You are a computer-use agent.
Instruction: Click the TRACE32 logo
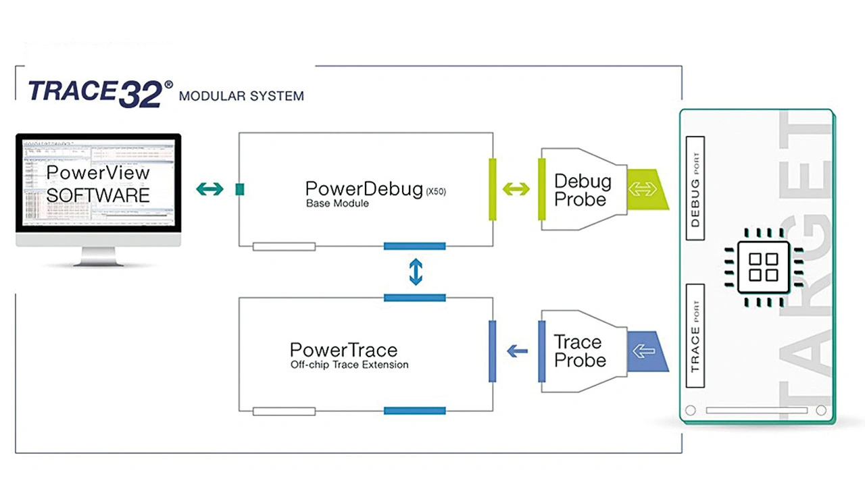tap(101, 93)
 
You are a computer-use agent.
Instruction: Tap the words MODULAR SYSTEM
tap(241, 96)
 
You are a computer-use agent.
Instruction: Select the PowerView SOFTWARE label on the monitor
tap(98, 184)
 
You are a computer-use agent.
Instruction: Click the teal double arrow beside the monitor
tap(209, 189)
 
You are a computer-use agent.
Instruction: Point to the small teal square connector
tap(240, 190)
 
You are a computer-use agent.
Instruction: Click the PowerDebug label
tap(364, 190)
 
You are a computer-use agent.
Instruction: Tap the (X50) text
tap(436, 192)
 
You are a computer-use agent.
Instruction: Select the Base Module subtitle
tap(337, 203)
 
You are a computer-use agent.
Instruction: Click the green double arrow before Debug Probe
tap(516, 189)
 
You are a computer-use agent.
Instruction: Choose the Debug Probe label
tap(583, 190)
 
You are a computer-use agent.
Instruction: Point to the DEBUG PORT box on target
tap(695, 188)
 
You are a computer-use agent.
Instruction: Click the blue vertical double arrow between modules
tap(416, 272)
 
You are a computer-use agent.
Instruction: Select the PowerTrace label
tap(343, 351)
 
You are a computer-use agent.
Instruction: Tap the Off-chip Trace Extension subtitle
tap(349, 365)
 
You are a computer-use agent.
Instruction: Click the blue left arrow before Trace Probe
tap(517, 351)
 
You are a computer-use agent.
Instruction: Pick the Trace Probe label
tap(580, 351)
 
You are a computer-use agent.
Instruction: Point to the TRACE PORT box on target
tap(695, 336)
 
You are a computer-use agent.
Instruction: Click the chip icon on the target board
tap(764, 267)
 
